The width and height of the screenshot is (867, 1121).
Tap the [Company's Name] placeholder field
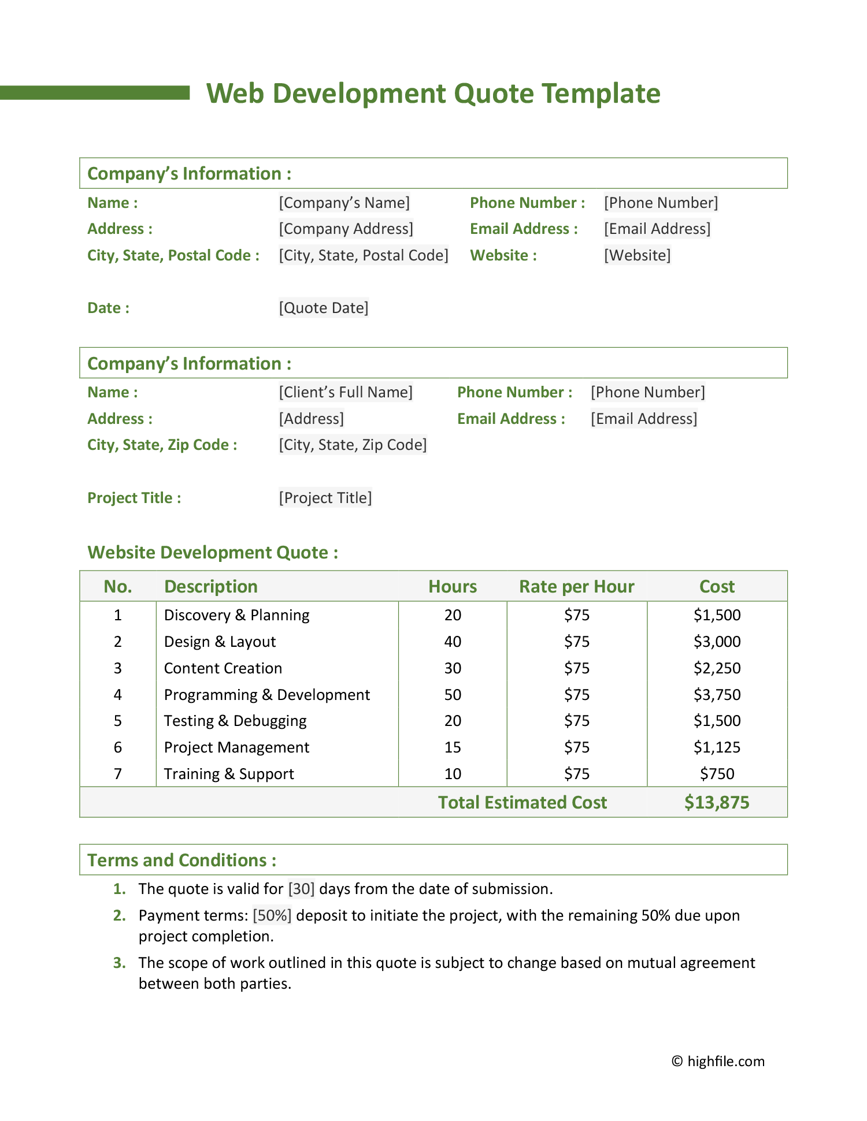pos(344,203)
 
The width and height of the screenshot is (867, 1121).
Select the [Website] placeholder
pos(637,255)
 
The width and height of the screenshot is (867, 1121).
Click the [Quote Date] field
pos(323,308)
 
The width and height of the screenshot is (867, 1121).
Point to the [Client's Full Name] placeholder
pos(346,392)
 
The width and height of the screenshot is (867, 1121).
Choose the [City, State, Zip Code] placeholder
pos(353,445)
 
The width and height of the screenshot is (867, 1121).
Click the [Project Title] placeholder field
pos(325,498)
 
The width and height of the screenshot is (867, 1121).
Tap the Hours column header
pos(453,587)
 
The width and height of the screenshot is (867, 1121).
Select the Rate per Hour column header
pos(576,587)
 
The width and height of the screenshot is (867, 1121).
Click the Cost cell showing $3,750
pos(717,695)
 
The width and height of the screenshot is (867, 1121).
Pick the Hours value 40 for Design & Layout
pos(453,642)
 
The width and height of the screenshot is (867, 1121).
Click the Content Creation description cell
pos(223,668)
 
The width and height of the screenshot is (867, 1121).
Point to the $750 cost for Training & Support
pos(717,774)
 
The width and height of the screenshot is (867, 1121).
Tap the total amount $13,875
pos(717,803)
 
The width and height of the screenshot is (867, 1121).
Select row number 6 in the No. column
pos(118,747)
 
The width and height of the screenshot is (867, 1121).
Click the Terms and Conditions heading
pos(181,861)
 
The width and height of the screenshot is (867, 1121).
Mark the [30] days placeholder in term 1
pos(301,889)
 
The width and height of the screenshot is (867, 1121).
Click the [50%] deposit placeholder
pos(272,915)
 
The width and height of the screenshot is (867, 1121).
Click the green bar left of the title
pos(95,92)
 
